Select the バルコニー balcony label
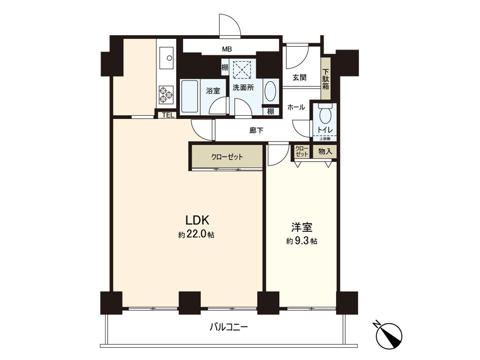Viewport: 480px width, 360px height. [x=229, y=328]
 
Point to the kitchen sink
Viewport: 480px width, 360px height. [x=166, y=58]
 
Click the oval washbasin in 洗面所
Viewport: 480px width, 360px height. [x=270, y=92]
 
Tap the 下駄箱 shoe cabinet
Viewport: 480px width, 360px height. [x=326, y=79]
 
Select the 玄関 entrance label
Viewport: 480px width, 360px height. [x=299, y=78]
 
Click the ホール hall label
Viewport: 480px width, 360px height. [x=296, y=107]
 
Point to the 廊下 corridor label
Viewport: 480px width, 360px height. [x=256, y=130]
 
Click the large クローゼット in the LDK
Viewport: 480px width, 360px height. [x=227, y=157]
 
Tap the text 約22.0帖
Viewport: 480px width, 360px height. [x=196, y=235]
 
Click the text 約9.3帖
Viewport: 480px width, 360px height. [x=302, y=242]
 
